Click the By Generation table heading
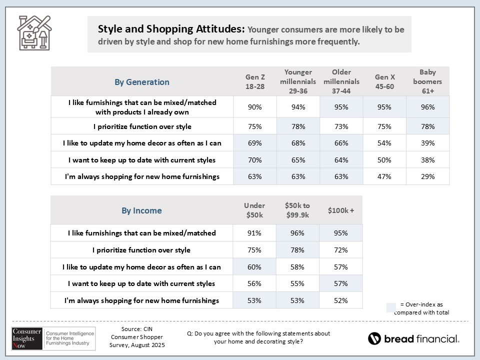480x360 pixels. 142,82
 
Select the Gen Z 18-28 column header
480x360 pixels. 255,81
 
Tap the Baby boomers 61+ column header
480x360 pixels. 427,81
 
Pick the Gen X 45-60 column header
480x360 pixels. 385,81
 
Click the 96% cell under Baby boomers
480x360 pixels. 427,106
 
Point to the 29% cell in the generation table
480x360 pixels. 427,176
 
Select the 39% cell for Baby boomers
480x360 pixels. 427,143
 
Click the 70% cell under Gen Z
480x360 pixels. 255,160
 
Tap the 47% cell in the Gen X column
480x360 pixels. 385,176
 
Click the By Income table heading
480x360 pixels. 142,210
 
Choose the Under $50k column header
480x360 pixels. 255,210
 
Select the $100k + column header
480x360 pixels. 341,210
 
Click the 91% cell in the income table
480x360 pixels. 255,232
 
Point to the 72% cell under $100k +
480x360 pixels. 341,249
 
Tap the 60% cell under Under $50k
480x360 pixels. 255,267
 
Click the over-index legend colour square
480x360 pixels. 391,307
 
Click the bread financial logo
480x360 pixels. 413,338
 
